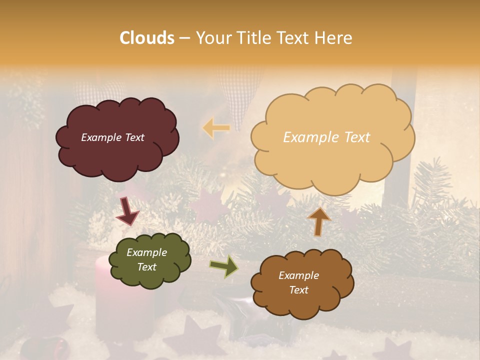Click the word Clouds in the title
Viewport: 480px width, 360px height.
pos(147,38)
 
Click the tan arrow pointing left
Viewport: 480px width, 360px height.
pos(216,128)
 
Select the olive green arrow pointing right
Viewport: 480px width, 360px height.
pos(224,266)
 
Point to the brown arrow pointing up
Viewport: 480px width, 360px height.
pos(319,221)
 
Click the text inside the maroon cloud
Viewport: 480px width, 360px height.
pos(112,137)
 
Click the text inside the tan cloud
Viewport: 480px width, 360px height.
pos(326,137)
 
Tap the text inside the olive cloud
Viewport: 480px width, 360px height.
pos(146,259)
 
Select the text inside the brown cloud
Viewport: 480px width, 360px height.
pos(298,282)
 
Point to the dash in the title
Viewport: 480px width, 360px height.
pos(184,38)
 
